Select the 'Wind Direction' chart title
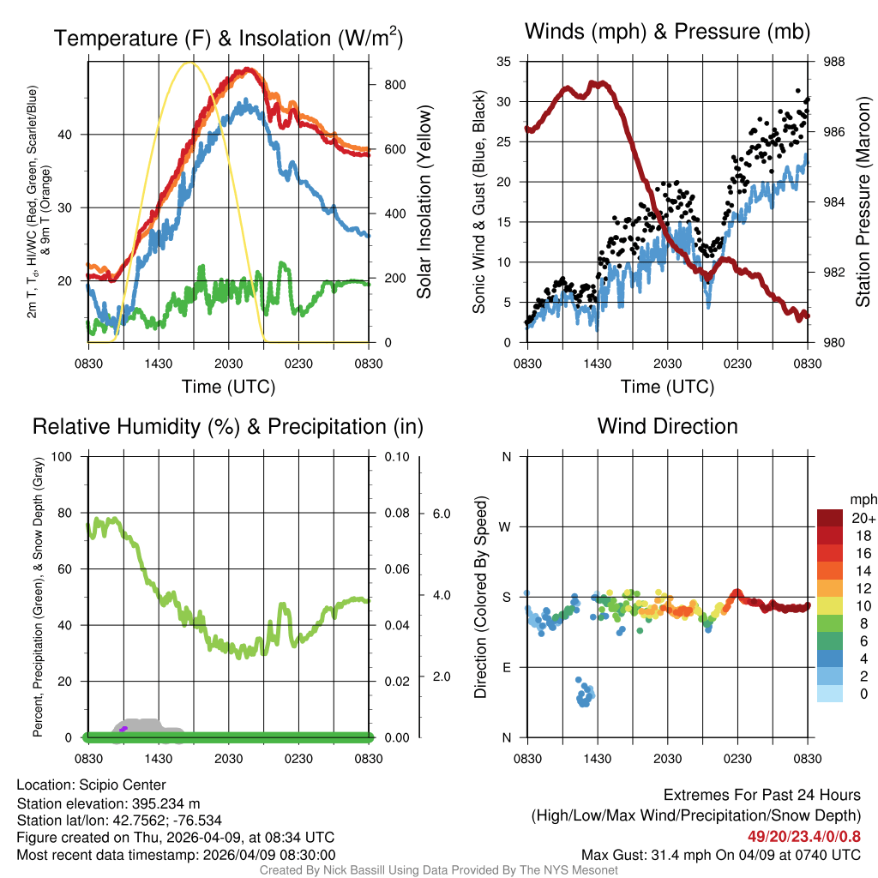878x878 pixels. [667, 425]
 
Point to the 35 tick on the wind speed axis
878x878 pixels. [504, 62]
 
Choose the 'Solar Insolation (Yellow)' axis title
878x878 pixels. [424, 202]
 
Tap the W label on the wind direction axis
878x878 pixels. [506, 526]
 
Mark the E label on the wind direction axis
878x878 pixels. [506, 667]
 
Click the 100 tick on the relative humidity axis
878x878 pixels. [63, 456]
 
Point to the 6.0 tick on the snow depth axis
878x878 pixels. [441, 514]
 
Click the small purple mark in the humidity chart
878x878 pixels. [123, 729]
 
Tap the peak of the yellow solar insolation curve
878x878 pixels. [191, 63]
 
